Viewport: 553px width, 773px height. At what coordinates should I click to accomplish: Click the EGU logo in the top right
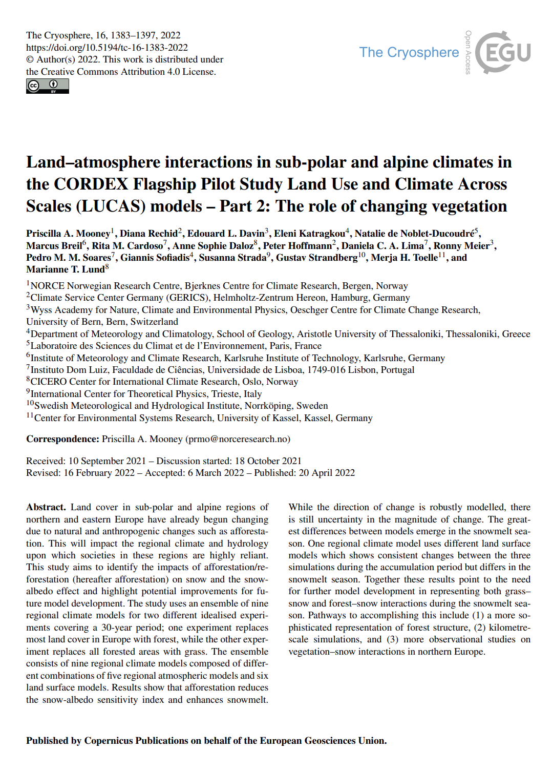503,52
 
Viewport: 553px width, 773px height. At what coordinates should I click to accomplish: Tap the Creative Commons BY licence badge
48,86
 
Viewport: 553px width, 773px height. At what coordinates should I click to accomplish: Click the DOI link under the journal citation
107,48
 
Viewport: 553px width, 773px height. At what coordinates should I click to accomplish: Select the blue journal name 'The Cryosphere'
409,52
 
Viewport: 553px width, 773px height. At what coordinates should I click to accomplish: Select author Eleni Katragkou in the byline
309,234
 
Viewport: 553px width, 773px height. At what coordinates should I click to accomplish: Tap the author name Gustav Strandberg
317,257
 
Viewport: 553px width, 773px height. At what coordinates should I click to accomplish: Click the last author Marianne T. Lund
65,269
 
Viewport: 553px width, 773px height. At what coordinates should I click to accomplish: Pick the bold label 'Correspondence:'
62,439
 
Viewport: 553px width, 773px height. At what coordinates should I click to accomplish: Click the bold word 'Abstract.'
46,507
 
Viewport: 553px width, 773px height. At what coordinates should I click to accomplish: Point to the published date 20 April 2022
327,472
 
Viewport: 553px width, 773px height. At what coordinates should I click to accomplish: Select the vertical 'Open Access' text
468,52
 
